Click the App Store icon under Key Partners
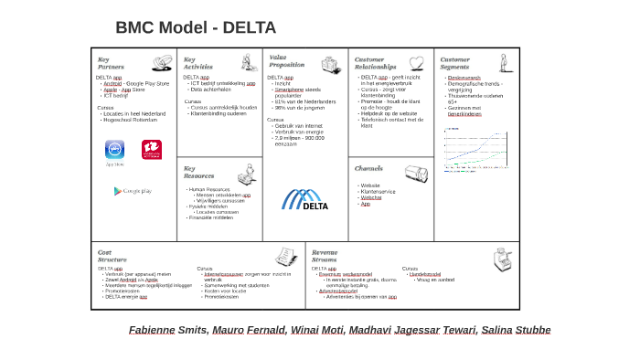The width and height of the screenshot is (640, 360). tap(114, 150)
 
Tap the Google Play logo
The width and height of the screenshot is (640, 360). tap(133, 191)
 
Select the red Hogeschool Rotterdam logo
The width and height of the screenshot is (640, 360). tap(151, 149)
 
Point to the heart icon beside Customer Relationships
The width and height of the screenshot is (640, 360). tap(416, 64)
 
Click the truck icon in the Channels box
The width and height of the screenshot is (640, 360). tap(416, 173)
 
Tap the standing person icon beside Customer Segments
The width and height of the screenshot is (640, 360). tap(503, 63)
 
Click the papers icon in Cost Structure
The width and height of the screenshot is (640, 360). tap(289, 257)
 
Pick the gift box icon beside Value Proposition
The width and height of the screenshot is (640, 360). tap(330, 65)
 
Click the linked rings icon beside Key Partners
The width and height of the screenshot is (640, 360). tap(162, 64)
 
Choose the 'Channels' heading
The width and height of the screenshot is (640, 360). tap(368, 168)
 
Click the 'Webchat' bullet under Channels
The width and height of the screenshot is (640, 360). tap(371, 197)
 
